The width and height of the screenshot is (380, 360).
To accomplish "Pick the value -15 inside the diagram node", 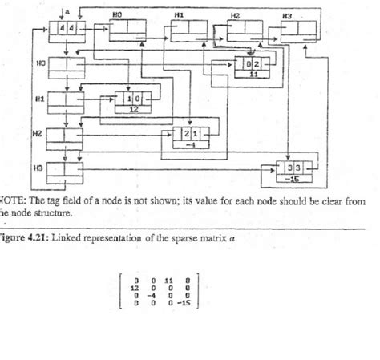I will pyautogui.click(x=293, y=179).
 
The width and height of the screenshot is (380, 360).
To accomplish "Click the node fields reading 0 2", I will pyautogui.click(x=253, y=63).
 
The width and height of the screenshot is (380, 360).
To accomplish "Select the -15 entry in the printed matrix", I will pyautogui.click(x=184, y=304).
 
